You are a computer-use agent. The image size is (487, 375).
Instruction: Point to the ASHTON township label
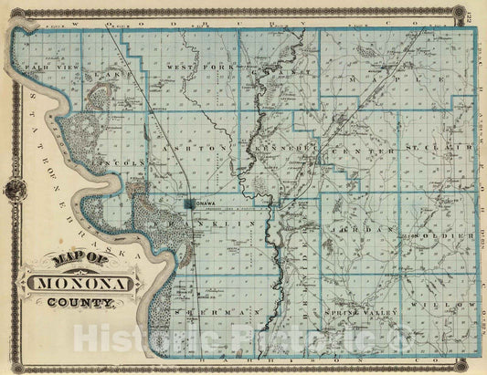[190, 147]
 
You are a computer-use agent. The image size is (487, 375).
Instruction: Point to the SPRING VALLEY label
[362, 312]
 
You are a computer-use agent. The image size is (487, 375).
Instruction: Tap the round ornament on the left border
[12, 189]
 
